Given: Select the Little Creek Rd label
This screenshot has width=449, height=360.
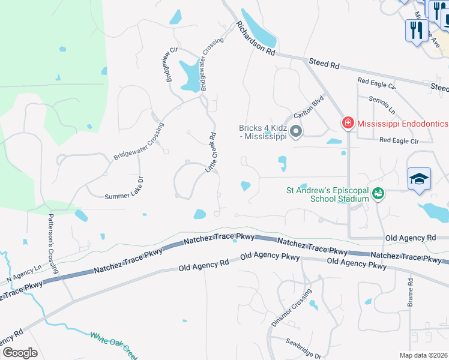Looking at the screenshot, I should pos(211,153).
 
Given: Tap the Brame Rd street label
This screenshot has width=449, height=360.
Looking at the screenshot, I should pos(411,292).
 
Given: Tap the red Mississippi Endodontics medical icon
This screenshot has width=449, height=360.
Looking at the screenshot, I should pos(348,124).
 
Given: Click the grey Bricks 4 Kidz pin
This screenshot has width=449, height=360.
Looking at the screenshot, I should pos(295,131).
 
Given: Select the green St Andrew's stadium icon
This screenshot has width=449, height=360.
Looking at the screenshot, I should pos(378,193).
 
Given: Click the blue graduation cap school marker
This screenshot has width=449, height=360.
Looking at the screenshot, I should pos(419,178).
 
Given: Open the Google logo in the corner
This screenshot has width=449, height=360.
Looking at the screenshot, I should pos(19,353).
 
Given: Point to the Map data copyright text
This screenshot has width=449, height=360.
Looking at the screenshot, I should pos(424,355).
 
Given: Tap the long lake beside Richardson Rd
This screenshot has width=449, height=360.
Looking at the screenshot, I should pos(258,29).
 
